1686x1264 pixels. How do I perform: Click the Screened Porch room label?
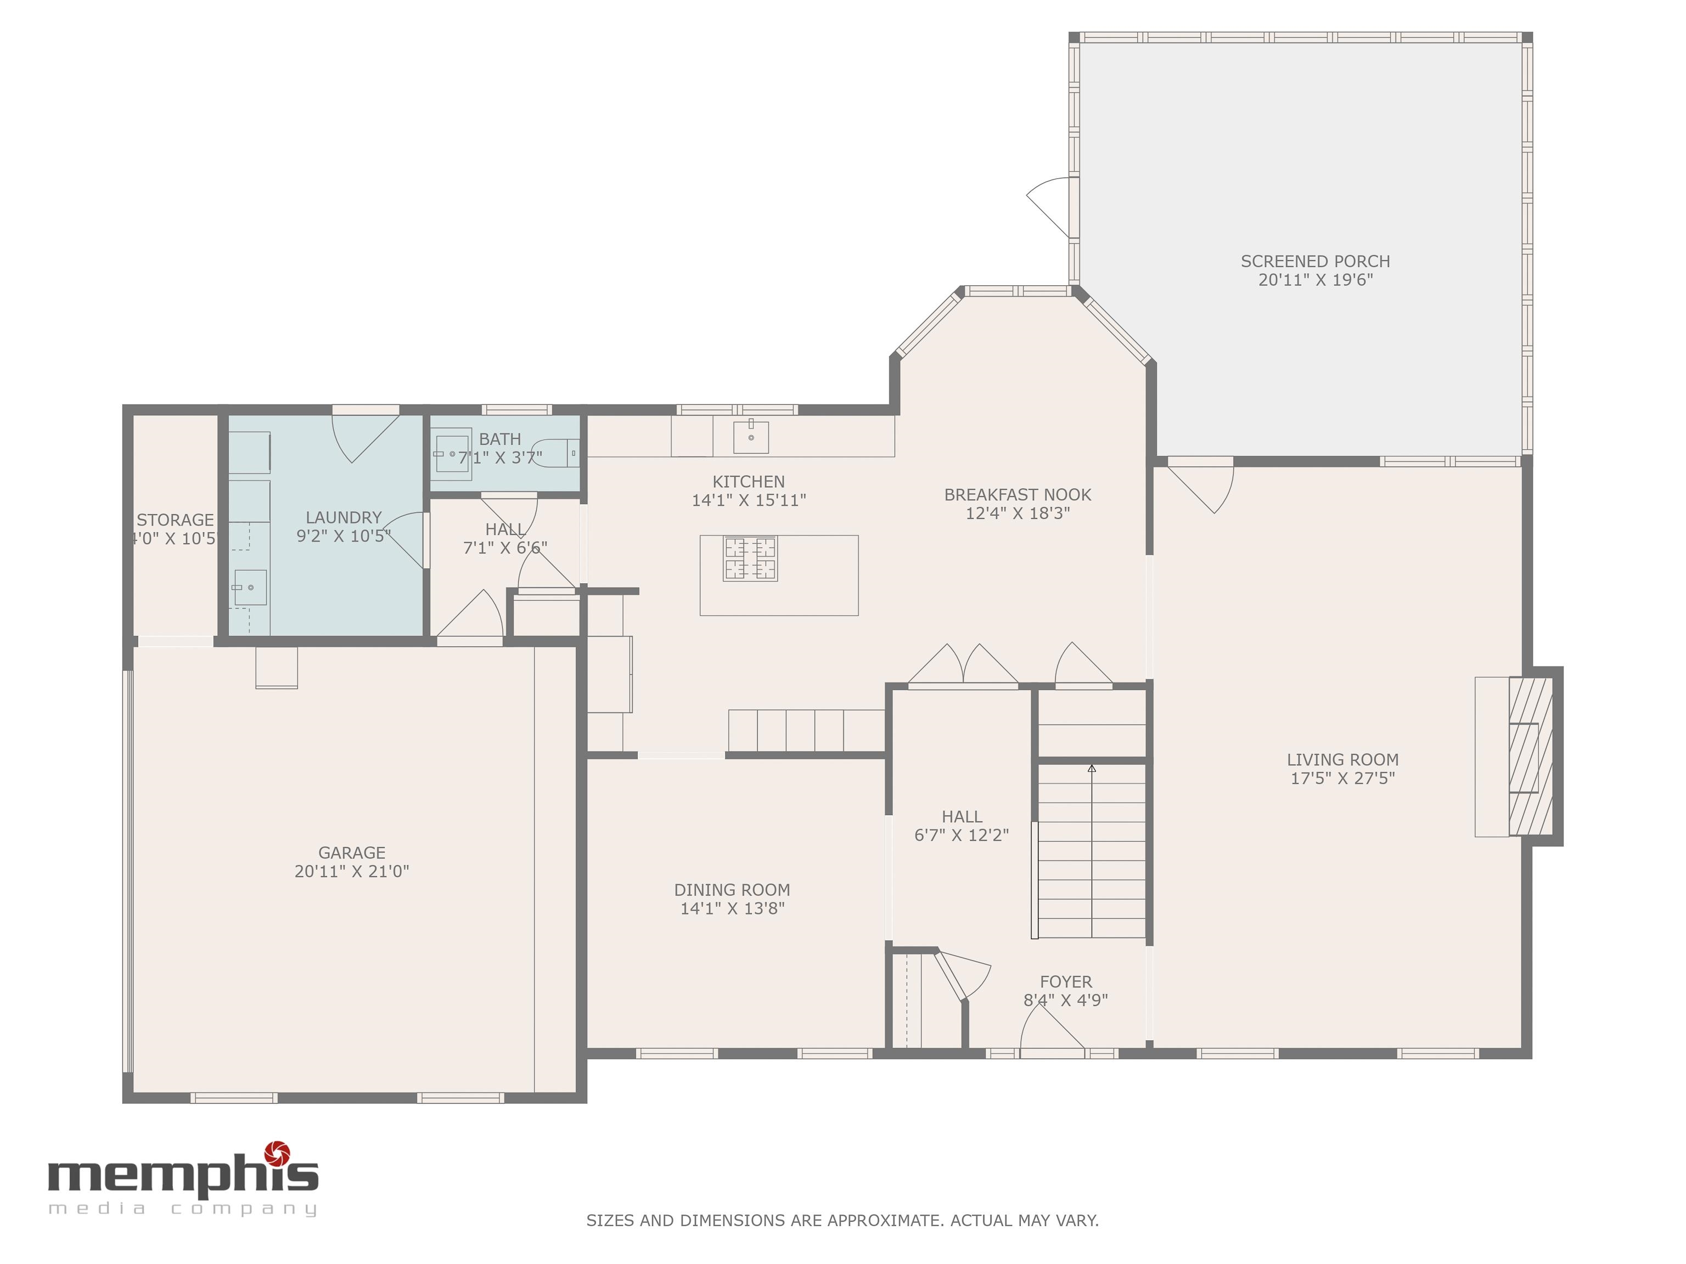pyautogui.click(x=1315, y=261)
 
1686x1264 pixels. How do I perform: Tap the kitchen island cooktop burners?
pyautogui.click(x=750, y=559)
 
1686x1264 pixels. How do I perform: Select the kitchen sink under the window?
pyautogui.click(x=751, y=437)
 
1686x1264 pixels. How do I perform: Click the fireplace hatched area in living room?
pyautogui.click(x=1531, y=756)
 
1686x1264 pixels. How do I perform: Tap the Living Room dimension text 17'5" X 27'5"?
pyautogui.click(x=1342, y=778)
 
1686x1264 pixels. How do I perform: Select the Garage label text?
pyautogui.click(x=351, y=853)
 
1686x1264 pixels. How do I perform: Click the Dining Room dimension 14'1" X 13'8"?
pyautogui.click(x=732, y=908)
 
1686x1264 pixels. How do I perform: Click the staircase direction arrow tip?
pyautogui.click(x=1092, y=768)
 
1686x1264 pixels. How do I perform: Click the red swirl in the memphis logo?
pyautogui.click(x=276, y=1153)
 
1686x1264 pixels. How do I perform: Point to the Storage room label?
pyautogui.click(x=175, y=520)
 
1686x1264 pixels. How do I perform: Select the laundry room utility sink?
pyautogui.click(x=250, y=588)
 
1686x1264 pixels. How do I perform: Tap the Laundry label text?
pyautogui.click(x=343, y=517)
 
